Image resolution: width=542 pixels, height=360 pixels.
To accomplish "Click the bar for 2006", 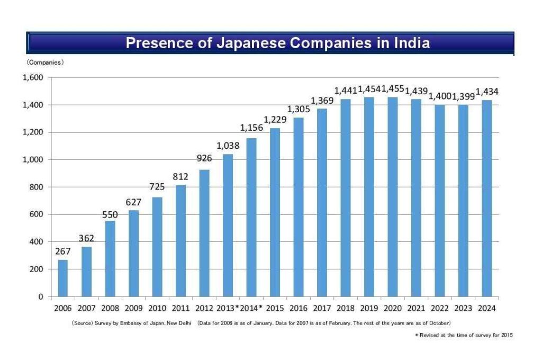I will click(62, 278).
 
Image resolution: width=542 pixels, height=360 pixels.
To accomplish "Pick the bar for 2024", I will click(486, 198).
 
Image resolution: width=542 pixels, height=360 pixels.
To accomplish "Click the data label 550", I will click(110, 214).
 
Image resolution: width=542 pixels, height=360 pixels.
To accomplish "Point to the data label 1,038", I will click(228, 145).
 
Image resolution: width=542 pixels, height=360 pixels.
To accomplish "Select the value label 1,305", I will click(298, 109).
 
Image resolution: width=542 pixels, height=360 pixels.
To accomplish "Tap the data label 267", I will click(63, 251).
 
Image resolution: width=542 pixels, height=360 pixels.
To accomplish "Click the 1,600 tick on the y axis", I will click(33, 78).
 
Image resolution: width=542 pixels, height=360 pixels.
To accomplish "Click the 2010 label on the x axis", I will click(157, 308).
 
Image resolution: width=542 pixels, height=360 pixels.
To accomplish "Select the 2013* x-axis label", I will click(229, 308).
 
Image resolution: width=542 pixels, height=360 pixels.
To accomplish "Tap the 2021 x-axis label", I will click(416, 308).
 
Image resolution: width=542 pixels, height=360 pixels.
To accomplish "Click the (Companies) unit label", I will click(46, 62).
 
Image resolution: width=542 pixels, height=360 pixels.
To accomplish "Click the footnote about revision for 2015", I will click(464, 335).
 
